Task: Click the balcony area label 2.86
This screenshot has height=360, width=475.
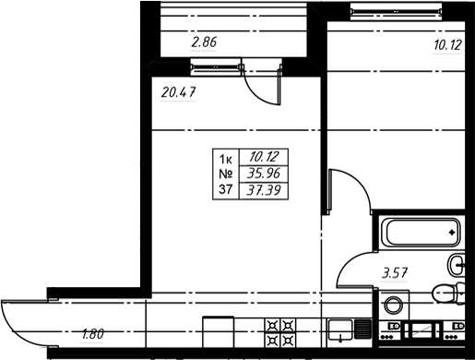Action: point(204,42)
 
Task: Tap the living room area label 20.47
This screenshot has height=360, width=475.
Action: point(178,92)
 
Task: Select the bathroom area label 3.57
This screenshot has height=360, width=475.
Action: point(395,273)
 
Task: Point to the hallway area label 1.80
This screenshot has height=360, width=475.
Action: point(92,334)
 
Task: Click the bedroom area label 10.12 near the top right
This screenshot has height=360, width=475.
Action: point(447,45)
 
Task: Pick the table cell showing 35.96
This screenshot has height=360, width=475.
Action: point(264,174)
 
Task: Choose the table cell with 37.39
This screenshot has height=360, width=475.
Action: point(264,190)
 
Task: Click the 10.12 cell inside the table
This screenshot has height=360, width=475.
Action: point(264,157)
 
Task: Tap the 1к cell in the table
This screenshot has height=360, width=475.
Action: point(225,160)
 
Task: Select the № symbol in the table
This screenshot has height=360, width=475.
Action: point(226,174)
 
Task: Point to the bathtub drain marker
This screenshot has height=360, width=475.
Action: point(452,233)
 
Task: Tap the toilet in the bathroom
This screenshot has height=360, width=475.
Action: point(449,293)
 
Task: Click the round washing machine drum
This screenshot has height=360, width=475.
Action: point(393,306)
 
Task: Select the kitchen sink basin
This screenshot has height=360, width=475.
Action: point(340,330)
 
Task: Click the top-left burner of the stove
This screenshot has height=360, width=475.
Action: point(272,325)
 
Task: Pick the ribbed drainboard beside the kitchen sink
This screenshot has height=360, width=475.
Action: point(362,329)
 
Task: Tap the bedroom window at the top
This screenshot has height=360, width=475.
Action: point(396,11)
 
